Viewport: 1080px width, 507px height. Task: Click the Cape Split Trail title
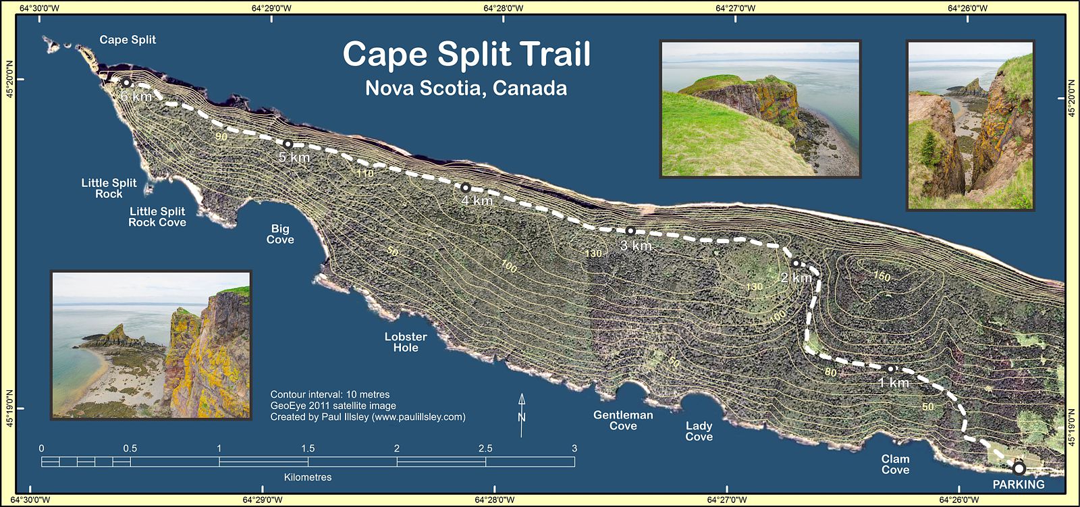click(x=466, y=55)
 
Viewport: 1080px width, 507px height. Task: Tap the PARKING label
click(x=1018, y=484)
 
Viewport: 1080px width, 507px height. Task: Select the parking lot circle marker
click(x=1019, y=468)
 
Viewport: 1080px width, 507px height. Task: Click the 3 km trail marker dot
click(x=630, y=231)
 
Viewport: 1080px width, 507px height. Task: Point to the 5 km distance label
click(x=294, y=157)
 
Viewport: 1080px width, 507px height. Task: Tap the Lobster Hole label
click(x=406, y=342)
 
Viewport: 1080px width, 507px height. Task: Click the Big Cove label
click(x=280, y=234)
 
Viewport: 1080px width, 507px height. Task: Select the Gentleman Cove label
click(x=623, y=421)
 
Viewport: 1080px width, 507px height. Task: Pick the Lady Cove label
click(x=699, y=431)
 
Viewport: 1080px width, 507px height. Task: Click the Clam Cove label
click(x=895, y=464)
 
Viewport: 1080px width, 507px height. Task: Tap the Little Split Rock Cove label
click(x=157, y=217)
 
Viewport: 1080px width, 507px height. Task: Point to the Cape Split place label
click(x=128, y=40)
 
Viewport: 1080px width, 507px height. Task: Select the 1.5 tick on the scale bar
click(x=308, y=448)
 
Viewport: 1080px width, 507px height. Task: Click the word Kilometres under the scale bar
click(x=308, y=477)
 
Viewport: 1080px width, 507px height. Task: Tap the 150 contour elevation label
click(x=882, y=276)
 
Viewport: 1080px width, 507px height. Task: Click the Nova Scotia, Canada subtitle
click(x=466, y=88)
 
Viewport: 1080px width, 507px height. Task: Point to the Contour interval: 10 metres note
click(x=330, y=394)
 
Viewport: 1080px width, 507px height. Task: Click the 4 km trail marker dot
click(x=465, y=188)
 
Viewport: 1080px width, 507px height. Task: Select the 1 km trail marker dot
click(x=890, y=369)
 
